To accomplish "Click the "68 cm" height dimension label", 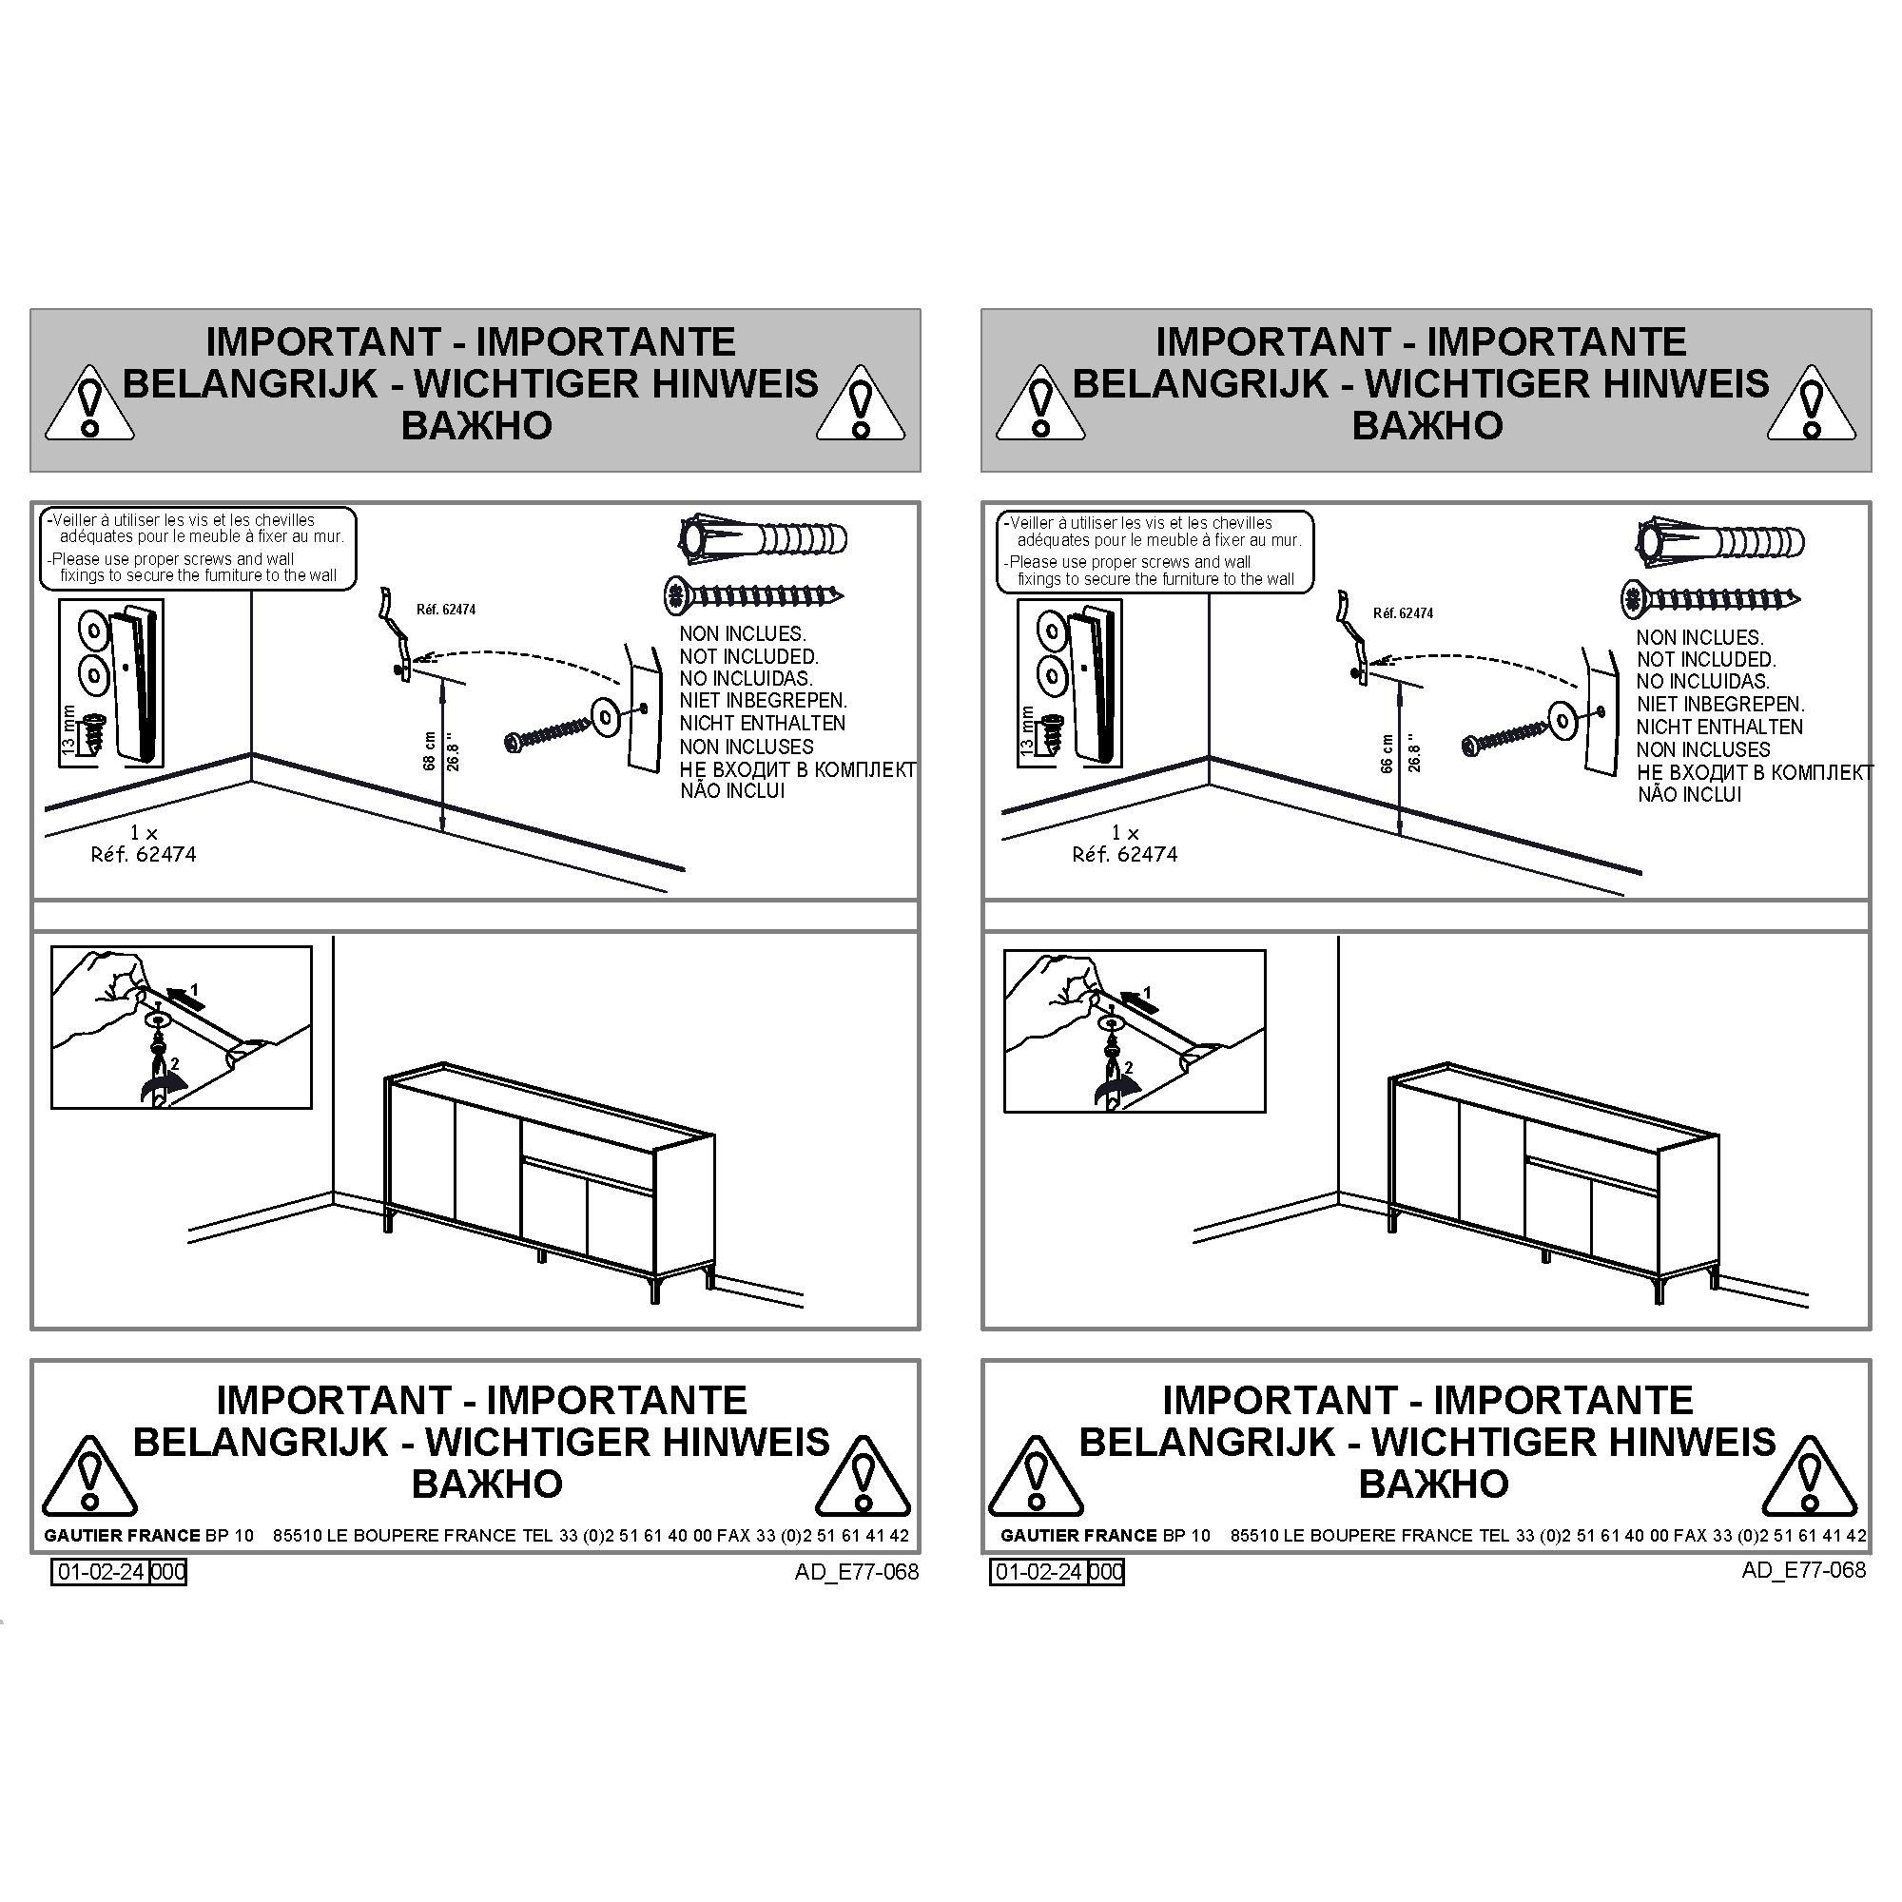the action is click(429, 750).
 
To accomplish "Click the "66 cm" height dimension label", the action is click(1388, 753).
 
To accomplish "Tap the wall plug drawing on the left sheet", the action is click(764, 539).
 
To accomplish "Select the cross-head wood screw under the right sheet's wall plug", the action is click(1712, 598).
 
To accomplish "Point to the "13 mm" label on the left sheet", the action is click(68, 729).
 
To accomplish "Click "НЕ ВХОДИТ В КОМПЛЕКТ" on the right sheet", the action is click(1756, 773).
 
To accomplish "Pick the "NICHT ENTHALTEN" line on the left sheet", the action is click(762, 724).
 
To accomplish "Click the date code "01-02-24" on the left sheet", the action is click(101, 1571).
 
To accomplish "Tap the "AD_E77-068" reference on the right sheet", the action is click(1803, 1569).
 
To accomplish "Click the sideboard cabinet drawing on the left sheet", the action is click(550, 1186).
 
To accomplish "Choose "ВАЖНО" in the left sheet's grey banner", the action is click(476, 425).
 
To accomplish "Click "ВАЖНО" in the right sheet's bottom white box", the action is click(1433, 1484).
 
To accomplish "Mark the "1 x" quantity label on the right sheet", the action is click(1124, 833).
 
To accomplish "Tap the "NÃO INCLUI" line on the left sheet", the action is click(732, 790).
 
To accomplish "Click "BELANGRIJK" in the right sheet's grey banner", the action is click(1200, 383).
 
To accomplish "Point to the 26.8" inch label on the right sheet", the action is click(1414, 752).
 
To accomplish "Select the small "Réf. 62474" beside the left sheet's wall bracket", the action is click(446, 610).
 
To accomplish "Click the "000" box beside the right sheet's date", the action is click(1107, 1571).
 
